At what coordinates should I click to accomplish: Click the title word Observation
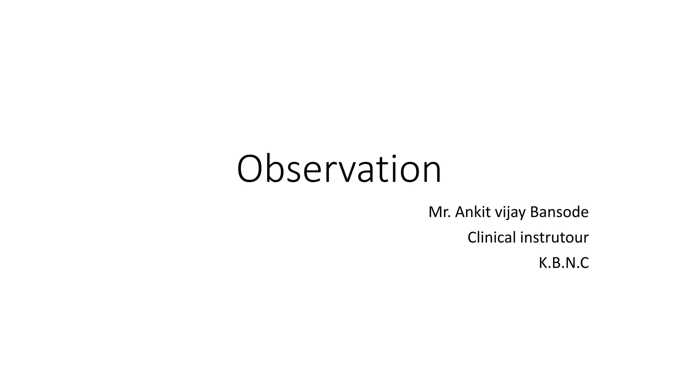[339, 169]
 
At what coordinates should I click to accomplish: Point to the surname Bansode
[559, 212]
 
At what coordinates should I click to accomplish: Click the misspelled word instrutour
[554, 237]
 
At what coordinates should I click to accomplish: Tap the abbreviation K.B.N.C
[564, 263]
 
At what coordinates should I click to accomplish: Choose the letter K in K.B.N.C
[543, 263]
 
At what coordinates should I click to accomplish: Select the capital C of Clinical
[472, 237]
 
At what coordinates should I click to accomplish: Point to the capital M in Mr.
[435, 212]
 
